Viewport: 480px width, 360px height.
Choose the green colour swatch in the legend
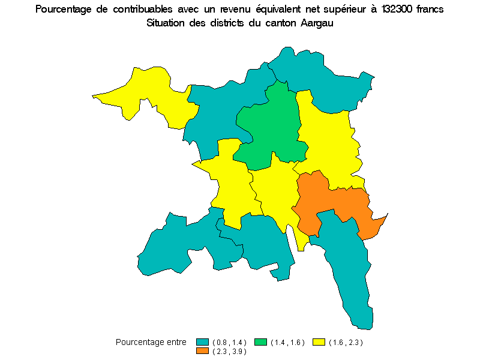[x=261, y=342]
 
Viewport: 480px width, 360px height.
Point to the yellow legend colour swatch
[x=319, y=342]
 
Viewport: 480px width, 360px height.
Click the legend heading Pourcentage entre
[x=151, y=342]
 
